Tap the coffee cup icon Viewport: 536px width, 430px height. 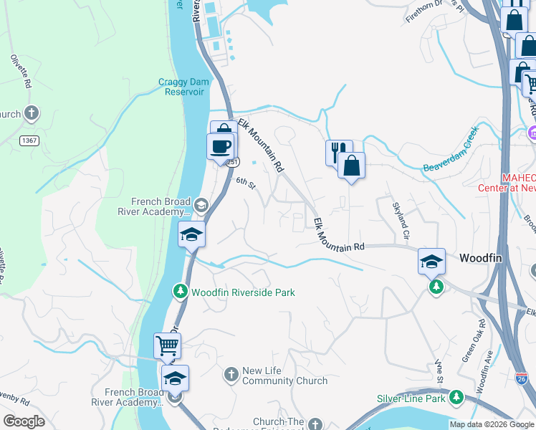221,146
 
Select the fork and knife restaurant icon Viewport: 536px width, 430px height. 338,152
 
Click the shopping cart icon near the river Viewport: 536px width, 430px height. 167,345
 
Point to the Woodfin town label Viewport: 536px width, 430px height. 482,258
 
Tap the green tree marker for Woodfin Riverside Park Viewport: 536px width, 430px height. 180,292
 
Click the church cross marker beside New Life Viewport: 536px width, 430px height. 231,374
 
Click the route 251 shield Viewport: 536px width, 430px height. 233,163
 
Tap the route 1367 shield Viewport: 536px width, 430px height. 29,140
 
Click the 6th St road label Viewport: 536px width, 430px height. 246,183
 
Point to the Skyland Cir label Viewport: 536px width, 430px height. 399,221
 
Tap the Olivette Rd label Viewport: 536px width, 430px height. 20,72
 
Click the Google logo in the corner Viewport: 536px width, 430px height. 24,421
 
